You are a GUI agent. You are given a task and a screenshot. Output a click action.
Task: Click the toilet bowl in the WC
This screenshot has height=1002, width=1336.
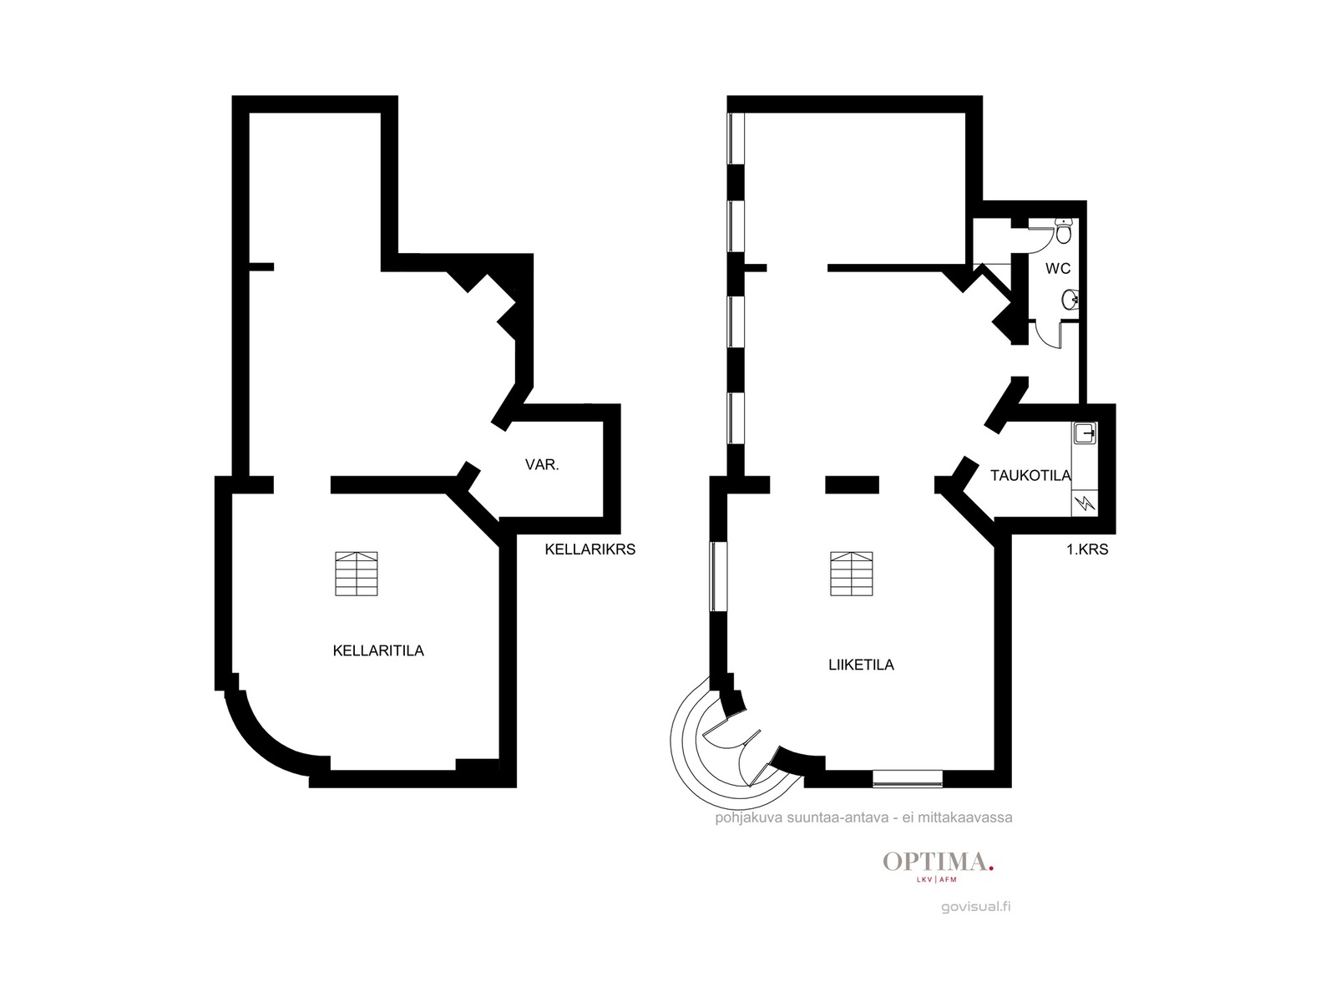(1063, 230)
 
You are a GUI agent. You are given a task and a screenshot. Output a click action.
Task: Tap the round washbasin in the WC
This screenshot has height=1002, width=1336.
(1070, 299)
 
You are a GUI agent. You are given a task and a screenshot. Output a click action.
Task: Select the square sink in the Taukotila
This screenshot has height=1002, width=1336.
(1085, 433)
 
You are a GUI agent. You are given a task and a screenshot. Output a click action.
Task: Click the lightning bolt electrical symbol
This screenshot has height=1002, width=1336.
(1085, 503)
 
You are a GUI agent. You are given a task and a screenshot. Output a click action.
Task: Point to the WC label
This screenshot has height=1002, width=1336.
(1058, 268)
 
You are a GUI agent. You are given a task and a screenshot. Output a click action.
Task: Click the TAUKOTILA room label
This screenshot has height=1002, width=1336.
(1030, 475)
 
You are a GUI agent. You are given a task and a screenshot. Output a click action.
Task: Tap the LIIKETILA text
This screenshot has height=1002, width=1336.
(861, 665)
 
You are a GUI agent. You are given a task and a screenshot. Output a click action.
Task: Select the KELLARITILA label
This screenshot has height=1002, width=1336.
(378, 650)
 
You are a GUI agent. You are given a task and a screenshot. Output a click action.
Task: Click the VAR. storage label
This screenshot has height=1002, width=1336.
(542, 465)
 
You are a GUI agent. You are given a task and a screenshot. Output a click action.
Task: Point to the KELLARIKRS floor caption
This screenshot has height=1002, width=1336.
(590, 549)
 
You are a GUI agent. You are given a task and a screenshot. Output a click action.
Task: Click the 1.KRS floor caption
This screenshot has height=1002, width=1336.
(1087, 549)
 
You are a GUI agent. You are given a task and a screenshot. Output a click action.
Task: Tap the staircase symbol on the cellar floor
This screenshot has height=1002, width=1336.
(357, 574)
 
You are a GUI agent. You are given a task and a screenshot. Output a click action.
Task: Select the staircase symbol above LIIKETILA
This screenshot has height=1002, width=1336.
(852, 574)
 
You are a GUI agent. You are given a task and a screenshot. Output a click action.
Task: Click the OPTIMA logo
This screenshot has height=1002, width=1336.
(938, 864)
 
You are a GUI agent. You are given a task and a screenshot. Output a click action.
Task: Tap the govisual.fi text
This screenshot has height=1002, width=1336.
(975, 907)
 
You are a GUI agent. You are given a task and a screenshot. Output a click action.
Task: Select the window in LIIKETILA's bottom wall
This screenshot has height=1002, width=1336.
(908, 779)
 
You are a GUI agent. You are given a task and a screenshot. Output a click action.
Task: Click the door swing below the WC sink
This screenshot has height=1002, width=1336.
(1047, 335)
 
